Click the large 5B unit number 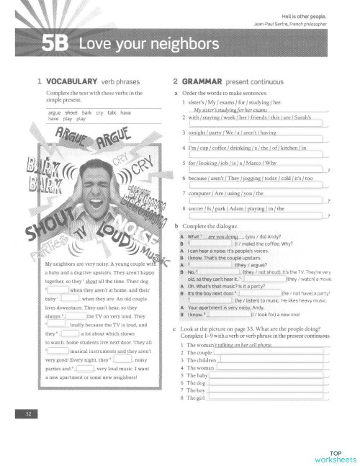(55, 45)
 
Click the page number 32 (27, 412)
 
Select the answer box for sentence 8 (256, 215)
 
